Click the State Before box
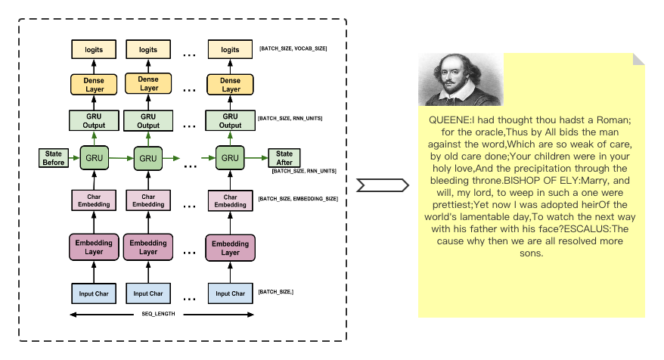point(54,158)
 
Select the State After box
point(284,158)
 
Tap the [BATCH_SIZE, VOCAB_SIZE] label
point(293,48)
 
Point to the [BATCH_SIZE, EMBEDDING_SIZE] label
point(298,198)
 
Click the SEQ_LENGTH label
point(159,314)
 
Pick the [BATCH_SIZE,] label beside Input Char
point(276,292)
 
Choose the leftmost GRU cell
point(94,159)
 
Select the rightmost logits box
point(231,50)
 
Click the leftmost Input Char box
point(93,293)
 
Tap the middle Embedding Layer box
point(148,247)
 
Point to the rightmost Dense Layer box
point(231,85)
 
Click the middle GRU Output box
point(148,121)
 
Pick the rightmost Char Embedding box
point(231,200)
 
